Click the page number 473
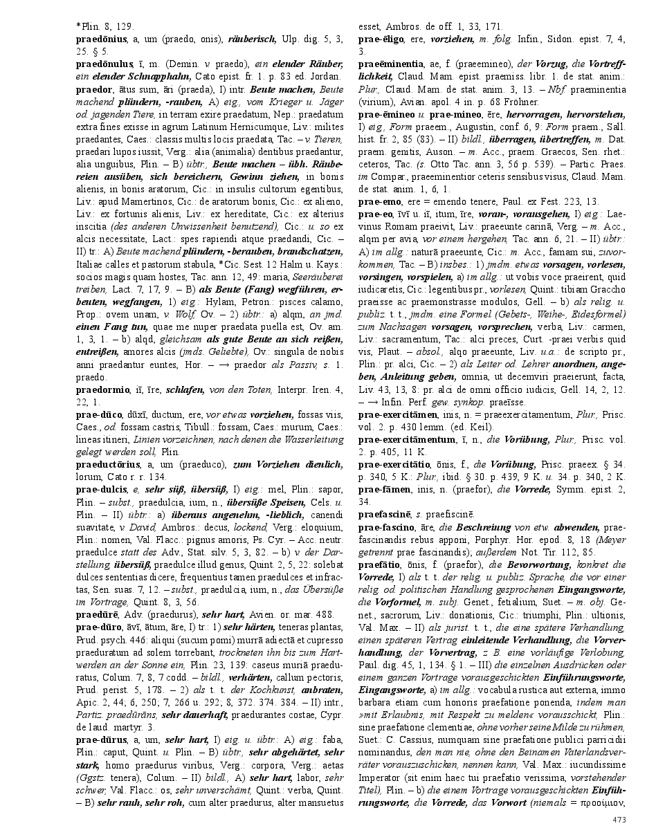click(x=619, y=820)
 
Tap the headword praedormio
click(x=102, y=390)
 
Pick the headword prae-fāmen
click(x=382, y=489)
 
